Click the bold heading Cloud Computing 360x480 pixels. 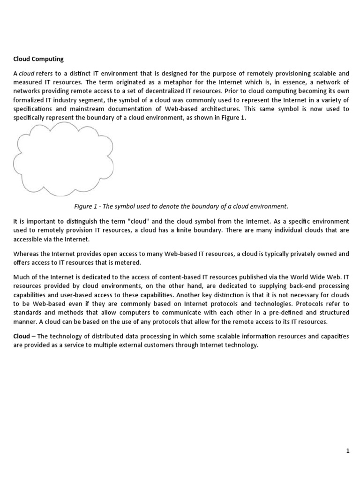[38, 59]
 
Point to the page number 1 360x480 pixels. [348, 451]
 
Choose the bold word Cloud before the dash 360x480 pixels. [21, 337]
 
